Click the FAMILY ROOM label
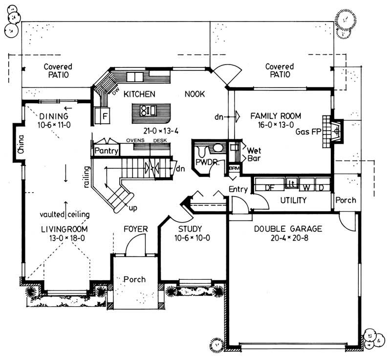[x=276, y=116]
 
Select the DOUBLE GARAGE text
[x=288, y=228]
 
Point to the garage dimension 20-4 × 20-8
[x=288, y=238]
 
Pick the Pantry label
[x=106, y=151]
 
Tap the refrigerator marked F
[x=104, y=116]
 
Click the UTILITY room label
[x=293, y=200]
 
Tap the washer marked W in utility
[x=306, y=187]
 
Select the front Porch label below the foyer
[x=134, y=279]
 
